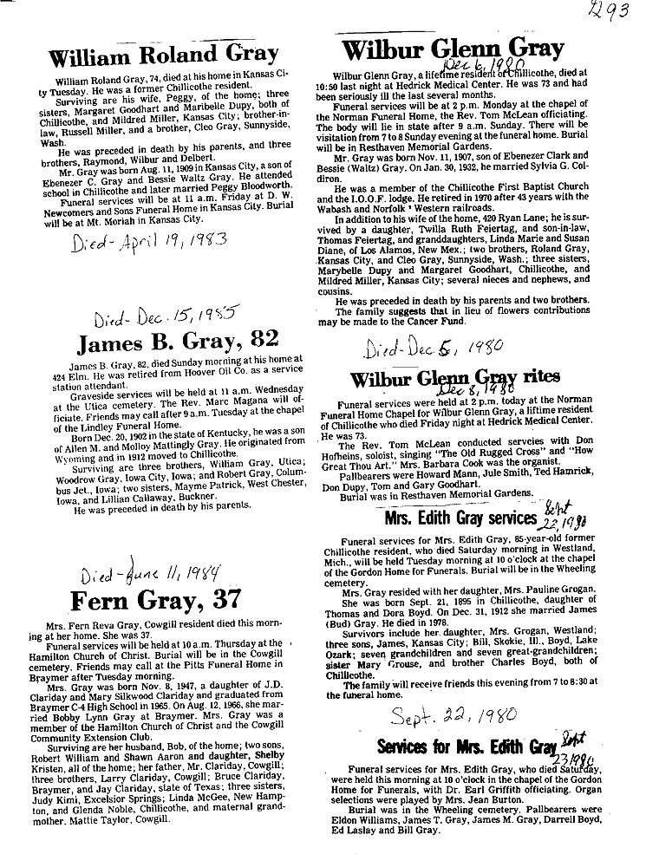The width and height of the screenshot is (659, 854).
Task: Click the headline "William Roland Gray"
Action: (163, 55)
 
